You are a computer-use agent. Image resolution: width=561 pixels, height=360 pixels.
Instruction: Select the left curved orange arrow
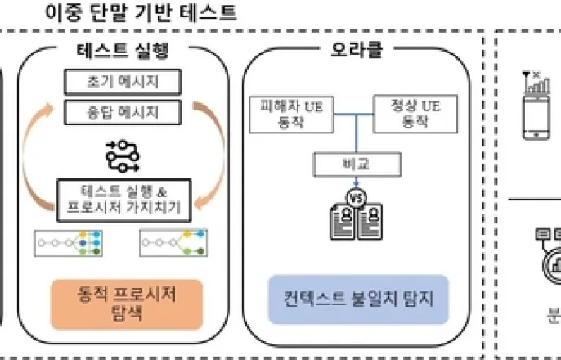41,155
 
